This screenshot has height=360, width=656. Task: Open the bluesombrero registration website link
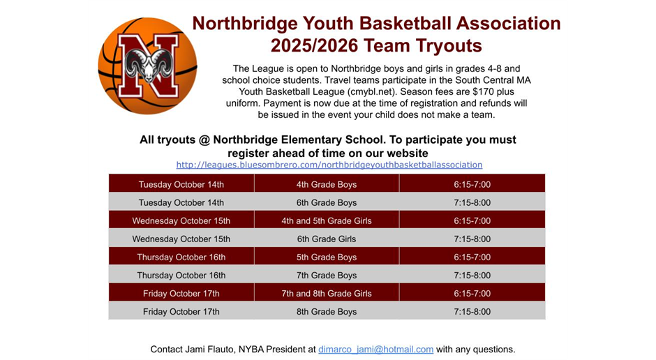329,165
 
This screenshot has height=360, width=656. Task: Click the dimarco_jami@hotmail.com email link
375,349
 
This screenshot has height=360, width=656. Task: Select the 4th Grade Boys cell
326,184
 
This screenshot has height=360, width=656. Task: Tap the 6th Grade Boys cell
326,202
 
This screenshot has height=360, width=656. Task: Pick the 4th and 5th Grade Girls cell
326,220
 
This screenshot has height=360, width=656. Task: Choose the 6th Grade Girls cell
326,239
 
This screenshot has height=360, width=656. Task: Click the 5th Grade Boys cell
326,257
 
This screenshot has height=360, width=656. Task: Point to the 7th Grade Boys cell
326,275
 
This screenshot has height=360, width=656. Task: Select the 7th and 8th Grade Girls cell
326,293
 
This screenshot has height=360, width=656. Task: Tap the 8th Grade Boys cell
326,311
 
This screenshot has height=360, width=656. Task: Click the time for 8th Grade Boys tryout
472,311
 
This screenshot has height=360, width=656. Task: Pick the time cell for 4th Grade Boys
472,184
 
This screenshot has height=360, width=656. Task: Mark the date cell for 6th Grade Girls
181,239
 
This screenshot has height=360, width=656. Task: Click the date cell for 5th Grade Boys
181,257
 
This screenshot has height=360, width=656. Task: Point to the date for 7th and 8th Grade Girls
181,293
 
